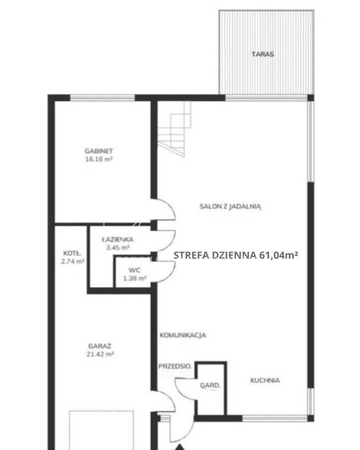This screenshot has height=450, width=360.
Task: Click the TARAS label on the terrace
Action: [x=263, y=54]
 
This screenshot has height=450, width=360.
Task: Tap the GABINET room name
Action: [x=98, y=151]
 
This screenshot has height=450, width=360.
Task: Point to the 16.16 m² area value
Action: [x=98, y=159]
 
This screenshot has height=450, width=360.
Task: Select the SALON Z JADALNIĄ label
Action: [x=230, y=207]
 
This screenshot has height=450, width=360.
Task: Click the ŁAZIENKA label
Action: [x=118, y=239]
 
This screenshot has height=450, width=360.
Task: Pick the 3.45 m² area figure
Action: [x=118, y=247]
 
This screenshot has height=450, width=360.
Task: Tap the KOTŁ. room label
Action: [x=72, y=253]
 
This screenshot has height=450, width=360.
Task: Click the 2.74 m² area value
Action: [x=73, y=261]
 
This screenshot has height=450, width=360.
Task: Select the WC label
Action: [x=135, y=270]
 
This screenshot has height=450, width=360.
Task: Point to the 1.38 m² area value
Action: [x=135, y=278]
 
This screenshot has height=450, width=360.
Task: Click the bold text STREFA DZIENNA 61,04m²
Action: [x=236, y=255]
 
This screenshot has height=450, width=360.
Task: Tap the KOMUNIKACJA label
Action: [x=182, y=335]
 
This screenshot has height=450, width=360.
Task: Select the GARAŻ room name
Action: [x=100, y=346]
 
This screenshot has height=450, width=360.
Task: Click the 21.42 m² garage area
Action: [x=100, y=354]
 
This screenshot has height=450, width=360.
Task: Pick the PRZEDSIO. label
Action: [x=175, y=366]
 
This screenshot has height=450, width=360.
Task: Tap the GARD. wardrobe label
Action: [x=210, y=386]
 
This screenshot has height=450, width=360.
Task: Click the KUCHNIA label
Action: [x=265, y=380]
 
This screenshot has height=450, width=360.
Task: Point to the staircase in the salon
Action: [x=174, y=129]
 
